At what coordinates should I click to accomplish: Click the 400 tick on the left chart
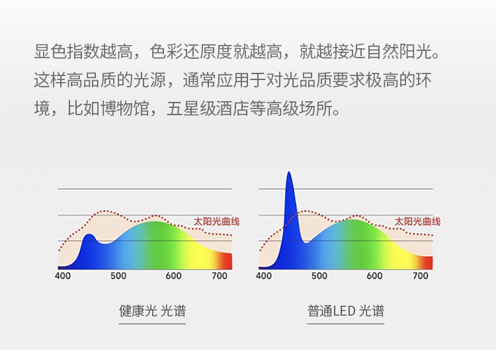[x=63, y=276]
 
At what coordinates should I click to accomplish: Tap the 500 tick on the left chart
[x=118, y=276]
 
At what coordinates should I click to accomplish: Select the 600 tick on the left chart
[x=173, y=276]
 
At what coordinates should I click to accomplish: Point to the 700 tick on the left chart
[x=220, y=276]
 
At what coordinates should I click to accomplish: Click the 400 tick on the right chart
[x=264, y=276]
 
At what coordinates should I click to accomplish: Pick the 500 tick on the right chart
[x=319, y=276]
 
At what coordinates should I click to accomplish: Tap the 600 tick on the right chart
[x=374, y=276]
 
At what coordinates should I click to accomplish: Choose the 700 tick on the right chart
[x=421, y=276]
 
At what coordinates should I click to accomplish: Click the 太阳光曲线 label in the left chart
[x=216, y=222]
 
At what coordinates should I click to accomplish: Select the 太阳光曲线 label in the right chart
[x=417, y=222]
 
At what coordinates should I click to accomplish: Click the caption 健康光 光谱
[x=153, y=310]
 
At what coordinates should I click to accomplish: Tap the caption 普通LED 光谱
[x=346, y=310]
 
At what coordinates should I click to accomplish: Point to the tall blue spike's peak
[x=289, y=172]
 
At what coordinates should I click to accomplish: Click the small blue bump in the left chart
[x=89, y=236]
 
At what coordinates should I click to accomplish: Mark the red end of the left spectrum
[x=227, y=261]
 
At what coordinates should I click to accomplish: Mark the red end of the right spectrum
[x=427, y=263]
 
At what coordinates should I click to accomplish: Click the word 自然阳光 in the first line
[x=399, y=52]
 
